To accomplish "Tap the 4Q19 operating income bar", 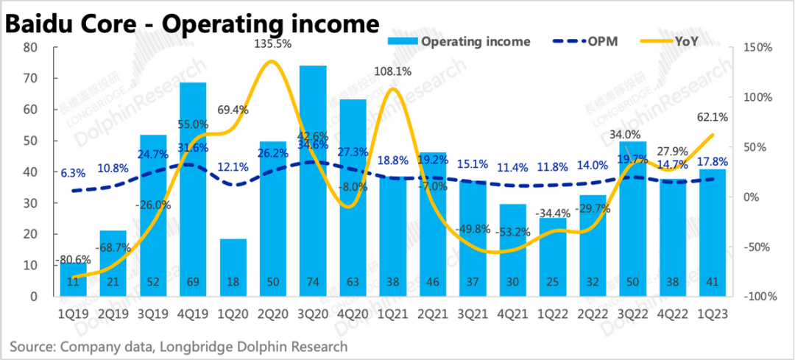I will pos(194,191).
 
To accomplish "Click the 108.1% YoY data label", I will pos(392,71).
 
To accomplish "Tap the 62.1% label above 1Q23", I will pos(712,116).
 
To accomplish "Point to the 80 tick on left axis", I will pos(29,47).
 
